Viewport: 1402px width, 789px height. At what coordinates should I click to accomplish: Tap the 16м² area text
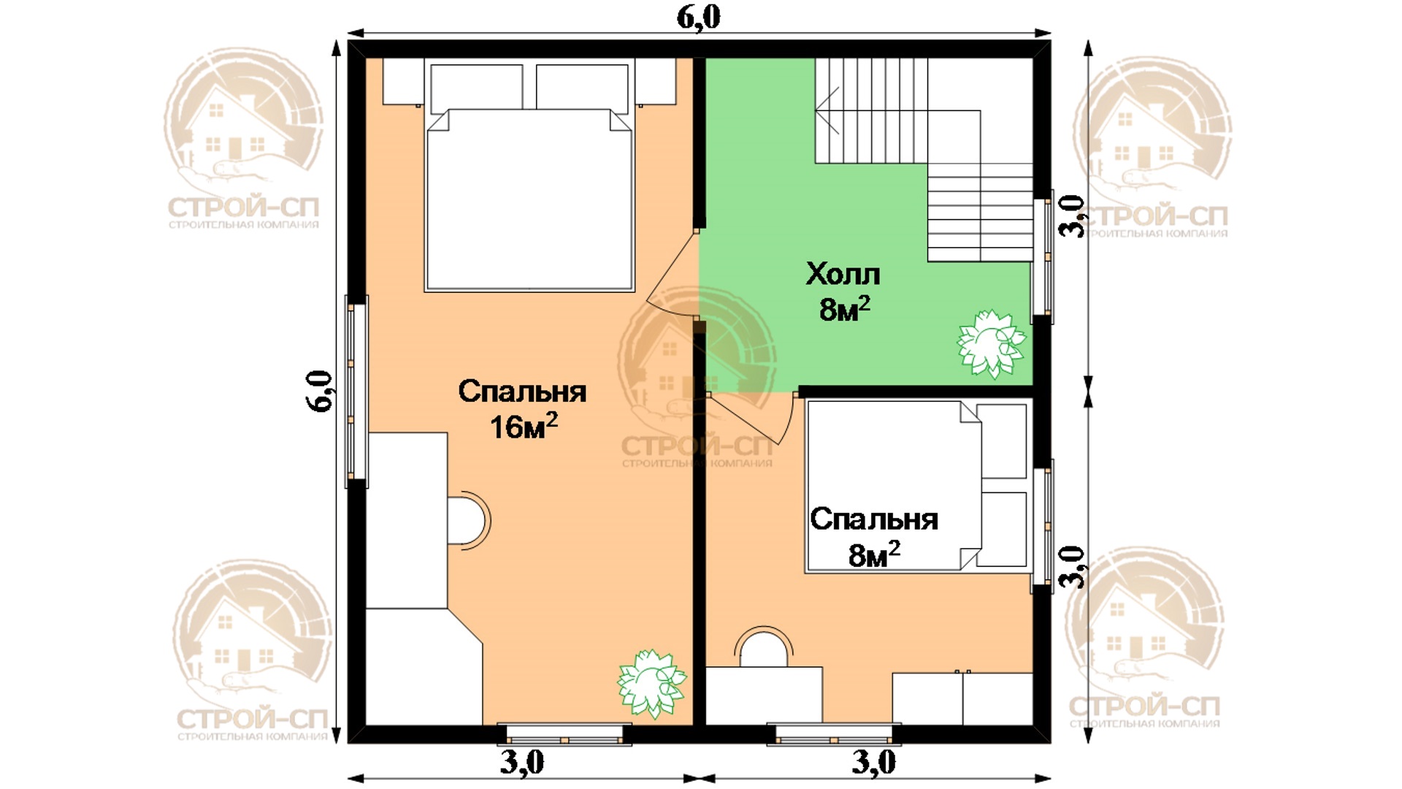[524, 427]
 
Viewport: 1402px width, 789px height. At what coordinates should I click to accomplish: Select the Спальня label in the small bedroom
[874, 519]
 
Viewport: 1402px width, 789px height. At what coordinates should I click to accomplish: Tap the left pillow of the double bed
[477, 88]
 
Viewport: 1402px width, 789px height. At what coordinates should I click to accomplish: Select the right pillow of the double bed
[582, 88]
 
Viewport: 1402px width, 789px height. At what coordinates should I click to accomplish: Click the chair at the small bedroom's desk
[763, 647]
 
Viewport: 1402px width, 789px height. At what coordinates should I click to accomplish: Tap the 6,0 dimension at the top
[698, 16]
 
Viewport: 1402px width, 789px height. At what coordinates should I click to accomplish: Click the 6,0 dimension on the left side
[321, 392]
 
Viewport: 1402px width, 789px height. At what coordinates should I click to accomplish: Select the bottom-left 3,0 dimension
[522, 763]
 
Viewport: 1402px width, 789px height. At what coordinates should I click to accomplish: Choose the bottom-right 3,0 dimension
[873, 763]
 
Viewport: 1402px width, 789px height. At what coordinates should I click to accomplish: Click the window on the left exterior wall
[356, 392]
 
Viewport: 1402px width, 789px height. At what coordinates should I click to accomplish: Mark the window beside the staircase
[1043, 256]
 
